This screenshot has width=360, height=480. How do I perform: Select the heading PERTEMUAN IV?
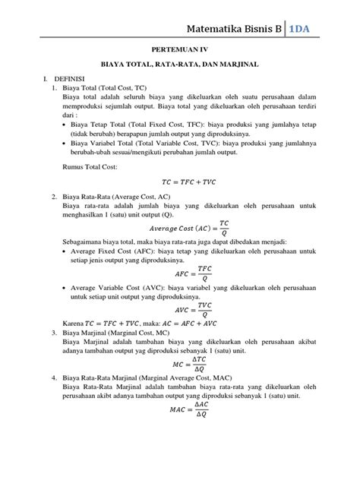[x=180, y=46]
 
